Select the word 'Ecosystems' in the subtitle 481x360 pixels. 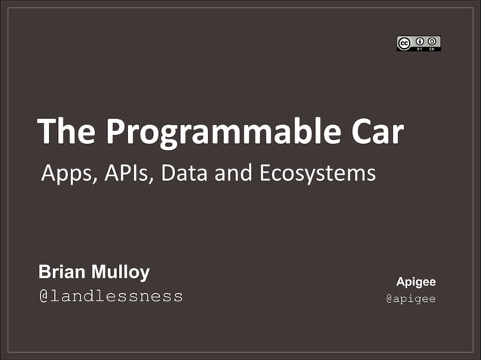coord(317,174)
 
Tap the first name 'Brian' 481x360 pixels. coord(62,271)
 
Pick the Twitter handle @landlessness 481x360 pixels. coord(111,296)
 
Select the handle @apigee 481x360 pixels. coord(411,299)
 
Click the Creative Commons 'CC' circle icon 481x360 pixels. coord(405,43)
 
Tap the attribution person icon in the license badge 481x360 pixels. coord(419,41)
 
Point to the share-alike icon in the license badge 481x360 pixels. coord(433,41)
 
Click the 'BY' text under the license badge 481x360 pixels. coord(419,49)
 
